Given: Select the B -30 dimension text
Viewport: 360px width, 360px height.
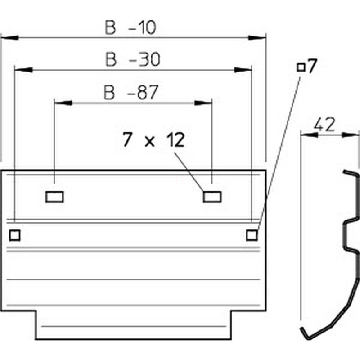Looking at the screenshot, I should coord(133,60).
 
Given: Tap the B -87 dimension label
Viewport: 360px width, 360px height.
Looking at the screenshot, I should coord(131,93).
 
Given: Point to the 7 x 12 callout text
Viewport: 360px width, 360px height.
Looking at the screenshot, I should coord(153,141).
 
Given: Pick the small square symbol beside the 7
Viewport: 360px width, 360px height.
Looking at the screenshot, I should coord(301,67).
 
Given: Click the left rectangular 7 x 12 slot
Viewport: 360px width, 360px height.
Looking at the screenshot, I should coord(55,197).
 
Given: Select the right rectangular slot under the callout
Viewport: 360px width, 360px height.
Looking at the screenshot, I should coord(211,197).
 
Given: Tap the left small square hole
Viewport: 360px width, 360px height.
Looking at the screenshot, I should coord(15,234).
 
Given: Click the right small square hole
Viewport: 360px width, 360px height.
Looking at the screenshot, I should coord(252,234).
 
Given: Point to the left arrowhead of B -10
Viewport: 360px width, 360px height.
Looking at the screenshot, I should coord(9,38).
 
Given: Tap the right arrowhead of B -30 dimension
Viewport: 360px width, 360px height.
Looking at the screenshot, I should coord(243,70).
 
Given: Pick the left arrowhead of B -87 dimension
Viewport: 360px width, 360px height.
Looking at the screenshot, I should coord(63,103).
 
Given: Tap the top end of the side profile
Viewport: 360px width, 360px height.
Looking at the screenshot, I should coord(346,171).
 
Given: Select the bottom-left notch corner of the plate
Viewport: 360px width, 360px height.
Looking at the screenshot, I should coord(36,310).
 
